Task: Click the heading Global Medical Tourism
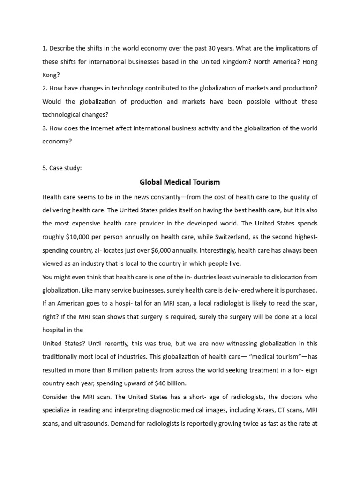click(180, 182)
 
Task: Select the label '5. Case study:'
click(62, 168)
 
